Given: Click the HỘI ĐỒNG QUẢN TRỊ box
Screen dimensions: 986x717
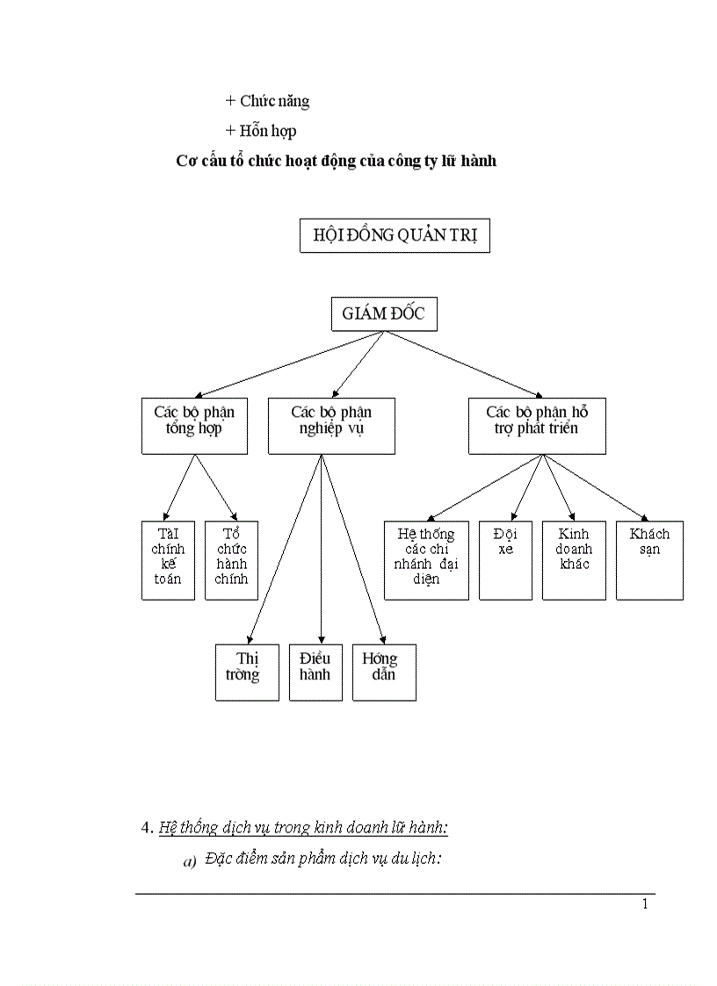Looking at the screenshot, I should (x=395, y=236).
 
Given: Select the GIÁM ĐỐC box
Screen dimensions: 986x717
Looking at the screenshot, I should (x=384, y=313).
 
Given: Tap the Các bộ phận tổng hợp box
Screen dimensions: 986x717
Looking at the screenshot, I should (x=194, y=426).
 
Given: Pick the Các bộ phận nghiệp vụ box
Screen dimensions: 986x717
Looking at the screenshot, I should (x=331, y=426).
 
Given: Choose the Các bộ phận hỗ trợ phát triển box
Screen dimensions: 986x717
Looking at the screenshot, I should (x=537, y=426).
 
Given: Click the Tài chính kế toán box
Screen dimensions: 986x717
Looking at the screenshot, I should (x=168, y=560).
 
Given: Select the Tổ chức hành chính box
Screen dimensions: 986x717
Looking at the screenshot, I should (x=231, y=560).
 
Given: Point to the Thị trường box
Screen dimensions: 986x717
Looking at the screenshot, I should (x=247, y=672).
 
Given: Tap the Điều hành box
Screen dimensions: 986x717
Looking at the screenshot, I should (x=315, y=672).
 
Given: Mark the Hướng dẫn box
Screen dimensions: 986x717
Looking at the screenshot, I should (x=384, y=672).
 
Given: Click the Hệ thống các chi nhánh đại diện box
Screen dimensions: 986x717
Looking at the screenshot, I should (x=426, y=560).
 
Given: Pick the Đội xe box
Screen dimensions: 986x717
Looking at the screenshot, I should (x=505, y=560).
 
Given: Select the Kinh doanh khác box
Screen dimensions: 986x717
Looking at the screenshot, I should (x=574, y=560).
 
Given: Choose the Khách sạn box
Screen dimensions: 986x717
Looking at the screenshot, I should (x=649, y=560).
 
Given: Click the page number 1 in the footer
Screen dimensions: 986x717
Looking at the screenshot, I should (x=645, y=904).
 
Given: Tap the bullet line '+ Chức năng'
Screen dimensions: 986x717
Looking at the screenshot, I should (x=267, y=101).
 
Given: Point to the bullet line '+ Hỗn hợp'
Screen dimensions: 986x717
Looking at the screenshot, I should (x=261, y=131).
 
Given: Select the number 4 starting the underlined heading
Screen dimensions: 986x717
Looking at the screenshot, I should (x=145, y=827).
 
